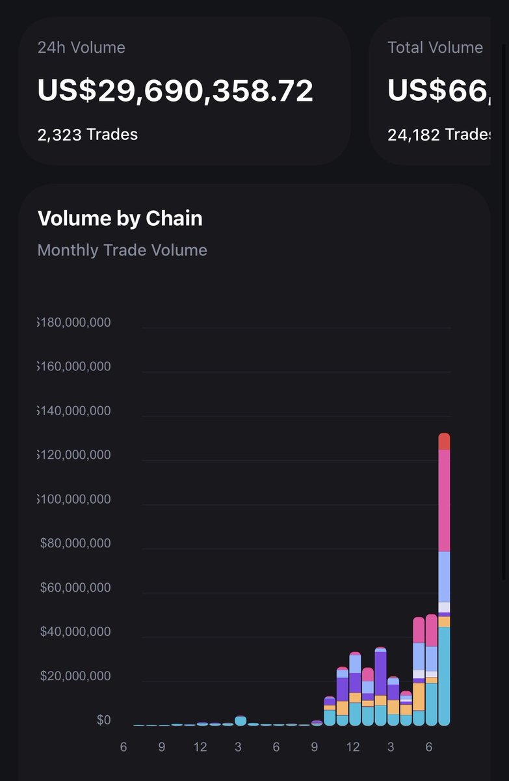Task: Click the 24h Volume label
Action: (81, 48)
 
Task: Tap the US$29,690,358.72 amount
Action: (176, 90)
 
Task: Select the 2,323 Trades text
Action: (88, 135)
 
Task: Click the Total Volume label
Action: (435, 48)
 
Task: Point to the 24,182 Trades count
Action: (439, 135)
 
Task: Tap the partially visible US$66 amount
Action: (439, 90)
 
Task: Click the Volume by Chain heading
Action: (120, 219)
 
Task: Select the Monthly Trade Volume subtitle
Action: (122, 250)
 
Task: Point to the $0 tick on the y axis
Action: (104, 720)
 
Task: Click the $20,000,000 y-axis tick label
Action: (75, 676)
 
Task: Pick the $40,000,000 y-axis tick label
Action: (75, 632)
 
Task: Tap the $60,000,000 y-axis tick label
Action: (75, 588)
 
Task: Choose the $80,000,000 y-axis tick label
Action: (75, 543)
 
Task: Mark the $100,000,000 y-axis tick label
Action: (74, 499)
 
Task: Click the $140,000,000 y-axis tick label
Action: (74, 411)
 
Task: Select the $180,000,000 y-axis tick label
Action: (74, 322)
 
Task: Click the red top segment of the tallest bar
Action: (444, 442)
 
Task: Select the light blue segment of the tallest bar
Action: (444, 577)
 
